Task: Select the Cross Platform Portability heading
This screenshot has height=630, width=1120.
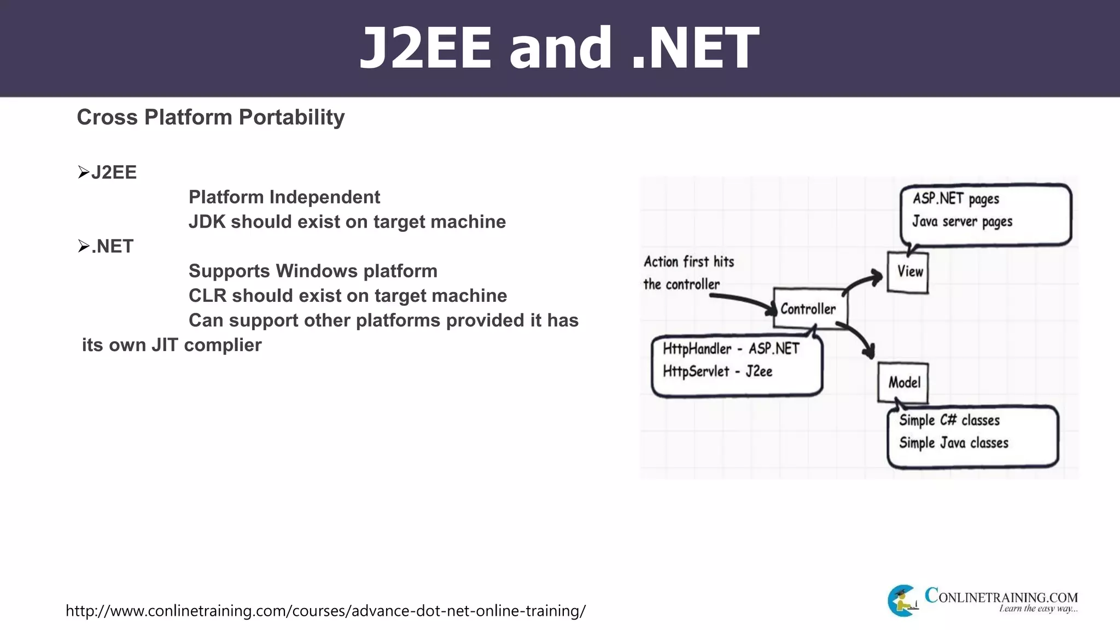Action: (x=211, y=118)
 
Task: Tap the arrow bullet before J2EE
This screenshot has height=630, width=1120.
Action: (x=83, y=173)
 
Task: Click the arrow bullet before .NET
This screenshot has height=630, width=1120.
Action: (x=83, y=247)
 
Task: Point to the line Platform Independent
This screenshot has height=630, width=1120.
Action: (x=284, y=197)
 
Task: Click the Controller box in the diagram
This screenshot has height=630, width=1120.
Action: (x=809, y=309)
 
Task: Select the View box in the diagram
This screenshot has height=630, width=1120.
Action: (x=908, y=272)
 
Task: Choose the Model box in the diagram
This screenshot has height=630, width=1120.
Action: (x=903, y=382)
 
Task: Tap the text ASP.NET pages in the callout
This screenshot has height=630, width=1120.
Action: (x=955, y=199)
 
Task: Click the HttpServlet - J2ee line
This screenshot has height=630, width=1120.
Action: (x=717, y=371)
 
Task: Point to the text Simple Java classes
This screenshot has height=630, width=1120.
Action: (x=953, y=443)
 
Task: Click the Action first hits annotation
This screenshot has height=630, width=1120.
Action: (x=688, y=262)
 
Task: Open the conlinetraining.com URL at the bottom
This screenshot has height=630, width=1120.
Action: (x=325, y=611)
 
